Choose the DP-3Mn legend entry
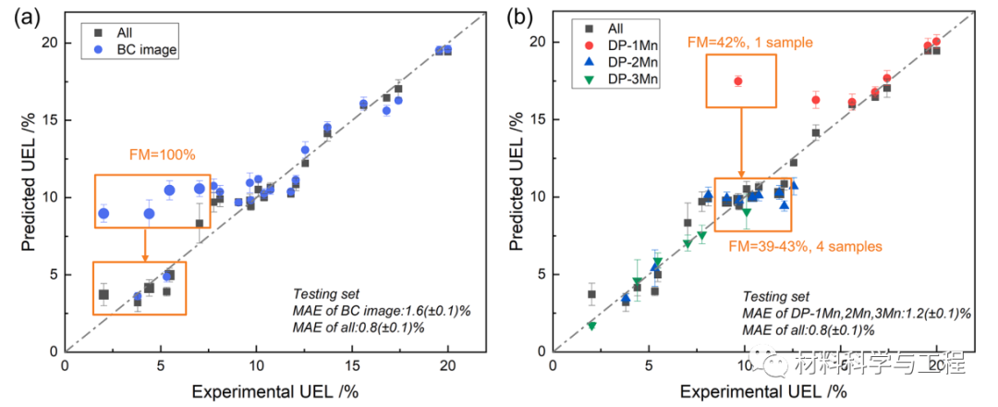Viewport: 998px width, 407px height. point(633,81)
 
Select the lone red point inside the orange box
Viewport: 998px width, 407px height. point(738,81)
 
